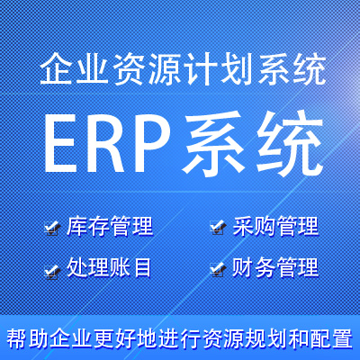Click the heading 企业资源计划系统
tap(180, 69)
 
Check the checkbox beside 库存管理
tap(51, 228)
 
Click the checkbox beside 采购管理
tap(216, 228)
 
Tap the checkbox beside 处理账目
tap(51, 269)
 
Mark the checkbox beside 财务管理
tap(216, 269)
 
